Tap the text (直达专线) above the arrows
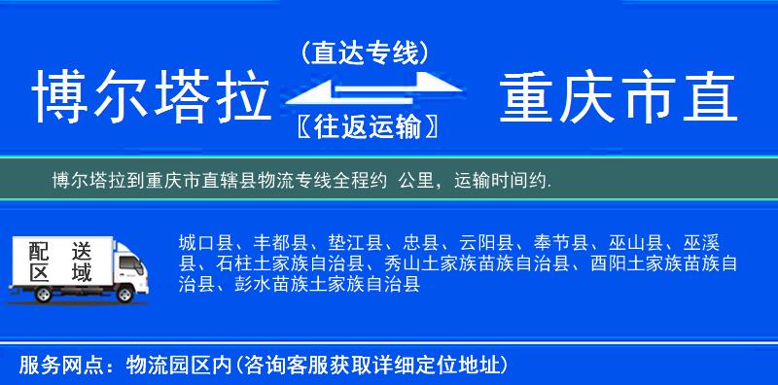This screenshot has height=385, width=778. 365,53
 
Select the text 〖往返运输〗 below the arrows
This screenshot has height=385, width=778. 365,126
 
